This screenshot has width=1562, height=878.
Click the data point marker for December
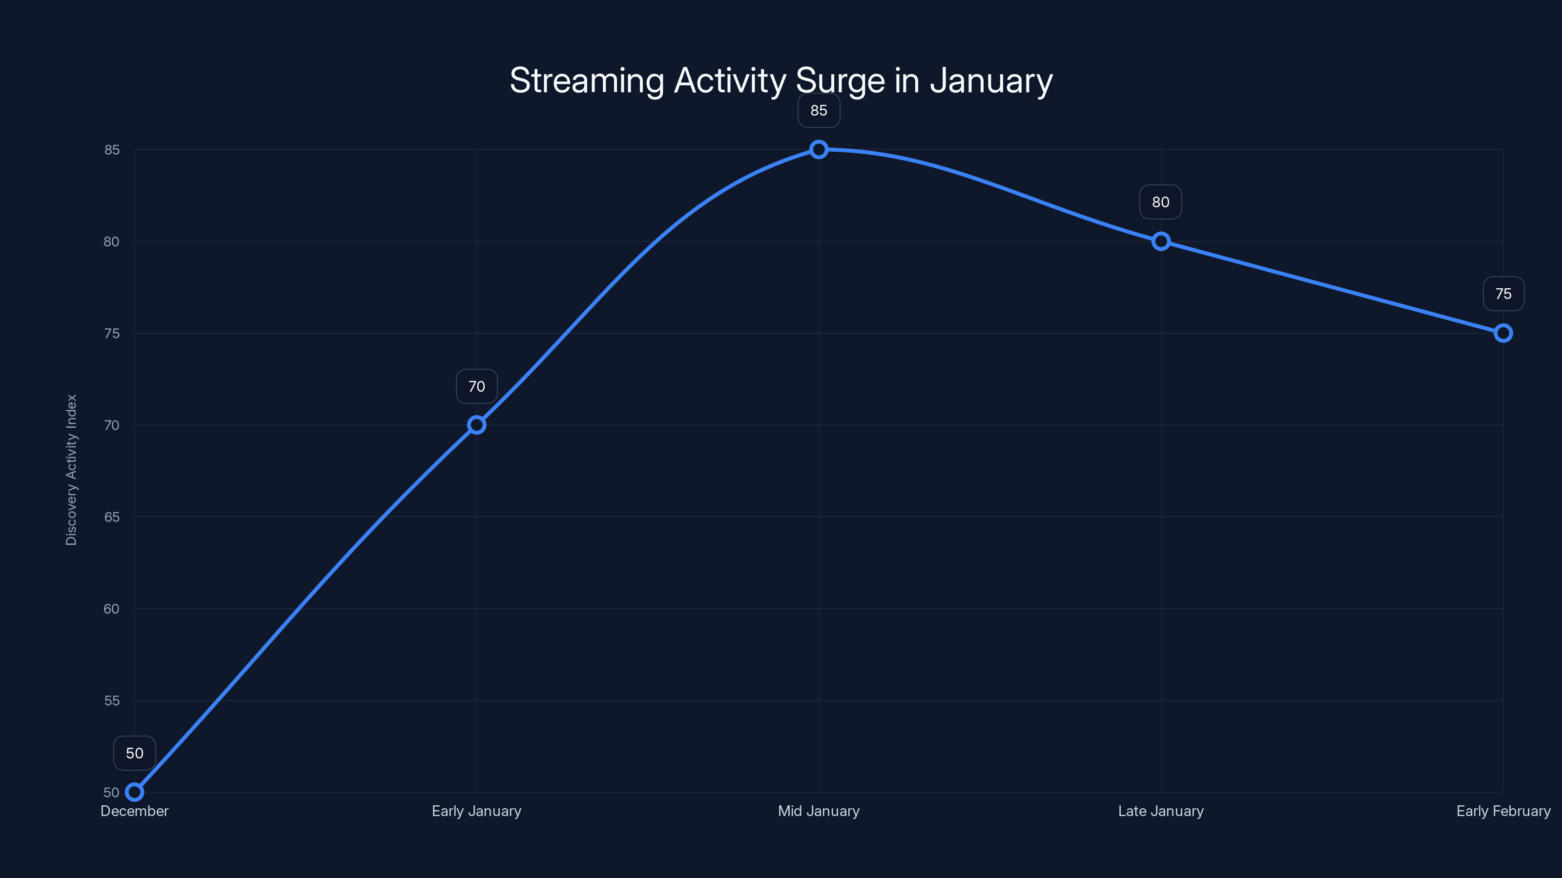click(x=135, y=792)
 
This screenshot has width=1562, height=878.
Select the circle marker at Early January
click(x=476, y=425)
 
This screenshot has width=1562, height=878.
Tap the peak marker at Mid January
click(x=819, y=149)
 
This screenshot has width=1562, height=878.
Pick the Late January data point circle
click(x=1161, y=241)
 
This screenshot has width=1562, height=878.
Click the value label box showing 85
click(x=819, y=110)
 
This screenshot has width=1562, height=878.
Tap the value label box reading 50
click(x=135, y=753)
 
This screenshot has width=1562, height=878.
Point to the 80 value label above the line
click(x=1161, y=202)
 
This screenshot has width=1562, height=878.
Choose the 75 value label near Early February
click(x=1503, y=294)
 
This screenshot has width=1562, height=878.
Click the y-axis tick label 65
click(x=112, y=517)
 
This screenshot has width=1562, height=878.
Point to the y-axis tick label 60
click(x=112, y=609)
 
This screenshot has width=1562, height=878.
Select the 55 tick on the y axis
click(x=112, y=700)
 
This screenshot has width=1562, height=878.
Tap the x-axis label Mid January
click(x=819, y=811)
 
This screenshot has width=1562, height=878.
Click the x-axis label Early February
click(x=1503, y=811)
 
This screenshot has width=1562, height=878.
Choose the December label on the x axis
click(x=135, y=811)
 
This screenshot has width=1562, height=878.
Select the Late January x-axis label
click(x=1161, y=811)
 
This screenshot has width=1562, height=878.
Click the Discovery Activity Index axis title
click(x=72, y=470)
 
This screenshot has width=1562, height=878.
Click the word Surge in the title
click(x=839, y=80)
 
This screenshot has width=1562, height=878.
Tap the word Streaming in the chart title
click(x=586, y=80)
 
